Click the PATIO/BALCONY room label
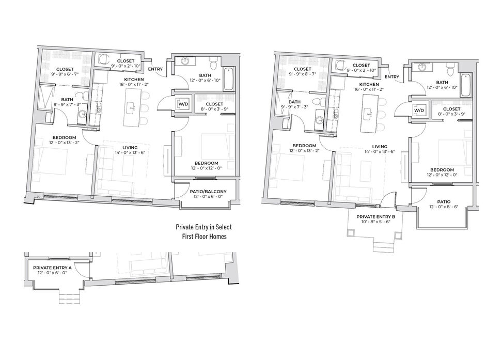click(208, 192)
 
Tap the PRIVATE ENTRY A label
click(52, 268)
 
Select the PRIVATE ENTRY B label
click(376, 217)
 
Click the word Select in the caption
click(224, 227)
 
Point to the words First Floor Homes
click(204, 237)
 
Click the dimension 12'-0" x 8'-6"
click(444, 207)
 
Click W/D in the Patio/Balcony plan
click(183, 104)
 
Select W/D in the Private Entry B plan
click(419, 111)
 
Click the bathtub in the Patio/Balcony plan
click(229, 79)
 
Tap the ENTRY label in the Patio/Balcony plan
click(155, 69)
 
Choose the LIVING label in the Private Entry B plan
click(380, 146)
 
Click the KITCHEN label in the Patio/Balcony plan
click(134, 80)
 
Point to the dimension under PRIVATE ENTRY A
click(52, 273)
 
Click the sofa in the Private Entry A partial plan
click(147, 267)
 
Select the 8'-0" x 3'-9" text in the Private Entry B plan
click(452, 114)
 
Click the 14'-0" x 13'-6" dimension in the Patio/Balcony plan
click(130, 153)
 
